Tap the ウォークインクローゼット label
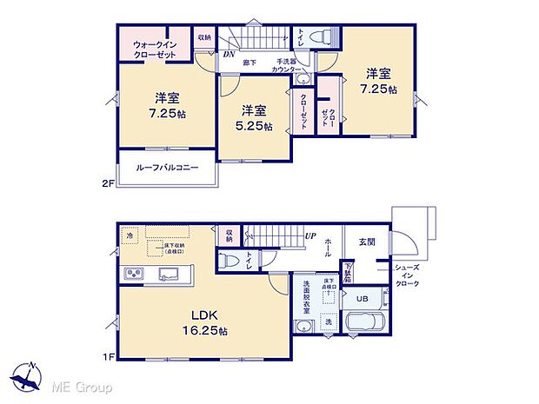[155, 49]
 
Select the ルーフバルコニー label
[166, 167]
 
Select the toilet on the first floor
[225, 259]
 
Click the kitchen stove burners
[136, 275]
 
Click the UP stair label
[309, 235]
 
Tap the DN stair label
[230, 56]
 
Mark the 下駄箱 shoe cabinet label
[348, 271]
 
